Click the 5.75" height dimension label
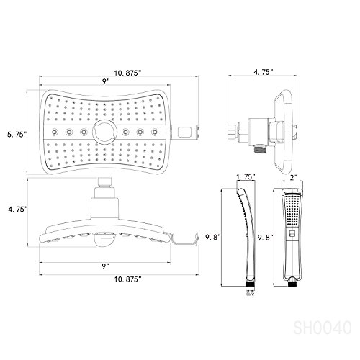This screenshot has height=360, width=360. click(14, 132)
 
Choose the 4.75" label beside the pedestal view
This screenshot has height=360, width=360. click(14, 209)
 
